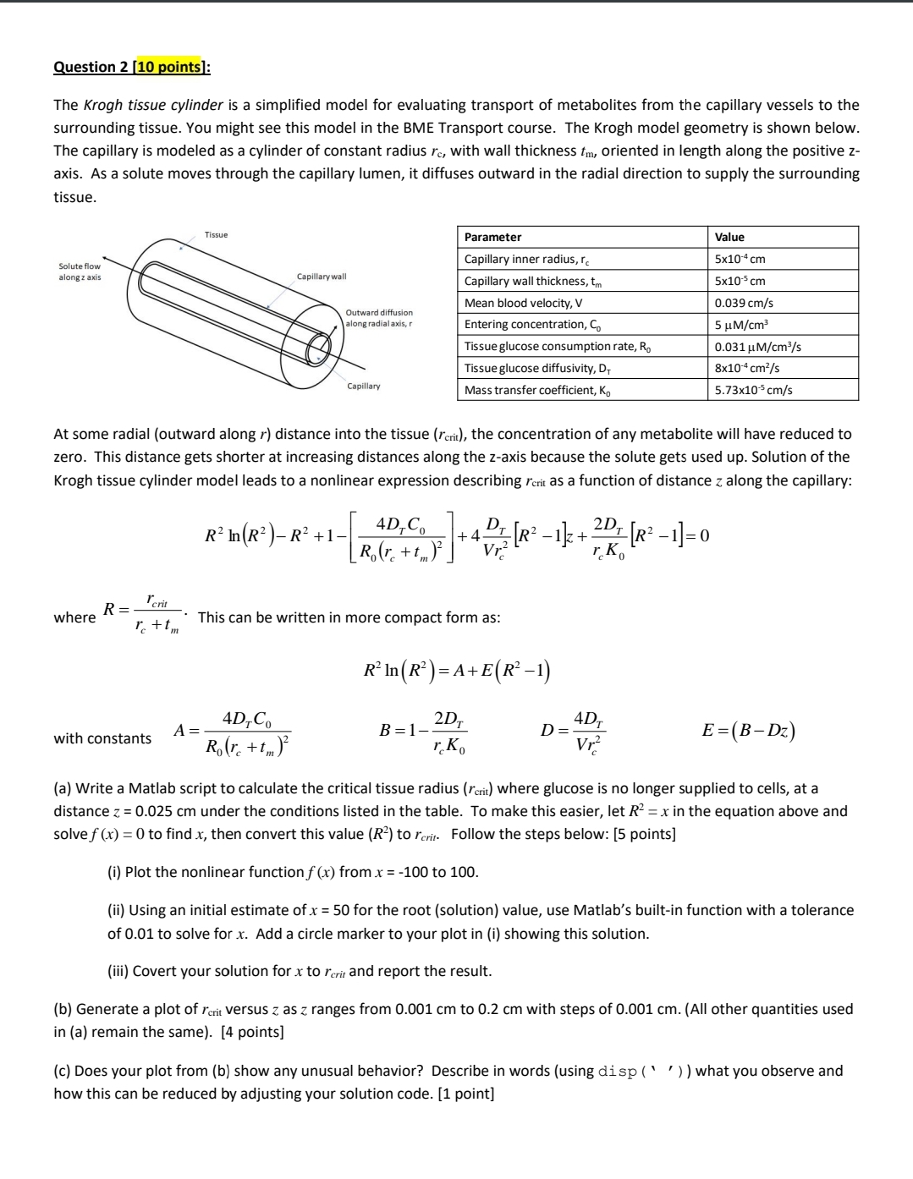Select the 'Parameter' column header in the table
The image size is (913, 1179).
(x=492, y=237)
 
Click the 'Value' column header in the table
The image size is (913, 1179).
(x=729, y=237)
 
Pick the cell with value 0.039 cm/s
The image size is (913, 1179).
(x=744, y=303)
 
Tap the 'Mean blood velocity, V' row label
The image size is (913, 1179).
(x=523, y=303)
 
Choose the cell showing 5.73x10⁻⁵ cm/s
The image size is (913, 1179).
(x=753, y=390)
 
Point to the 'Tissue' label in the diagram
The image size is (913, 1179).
(x=216, y=234)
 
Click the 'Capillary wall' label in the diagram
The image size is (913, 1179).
(x=321, y=277)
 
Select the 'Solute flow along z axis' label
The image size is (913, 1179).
(x=80, y=271)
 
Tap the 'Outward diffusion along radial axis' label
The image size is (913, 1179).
(x=379, y=318)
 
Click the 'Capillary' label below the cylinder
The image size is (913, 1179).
(x=363, y=386)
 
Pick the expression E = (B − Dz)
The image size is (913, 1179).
(x=748, y=731)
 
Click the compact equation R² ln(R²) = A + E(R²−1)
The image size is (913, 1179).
(x=456, y=672)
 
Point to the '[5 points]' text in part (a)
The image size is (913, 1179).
(x=644, y=834)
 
